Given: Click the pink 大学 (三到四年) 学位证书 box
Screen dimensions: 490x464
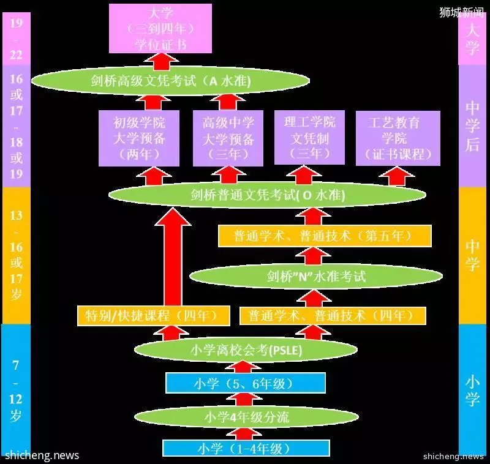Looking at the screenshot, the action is pos(160,28).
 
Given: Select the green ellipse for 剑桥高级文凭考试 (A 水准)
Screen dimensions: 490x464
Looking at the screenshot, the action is pos(171,81).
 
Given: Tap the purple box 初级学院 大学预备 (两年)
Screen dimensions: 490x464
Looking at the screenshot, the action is pos(139,138).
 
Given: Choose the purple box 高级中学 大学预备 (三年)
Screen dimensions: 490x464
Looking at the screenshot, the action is pos(228,138).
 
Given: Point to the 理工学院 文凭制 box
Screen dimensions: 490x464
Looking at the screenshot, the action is pos(309,137).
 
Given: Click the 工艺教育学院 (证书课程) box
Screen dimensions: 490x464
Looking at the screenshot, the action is pos(398,138).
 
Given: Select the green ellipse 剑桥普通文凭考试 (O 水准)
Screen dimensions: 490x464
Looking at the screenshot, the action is pos(267,195).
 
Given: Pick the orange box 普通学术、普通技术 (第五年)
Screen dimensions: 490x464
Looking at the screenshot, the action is pos(325,236).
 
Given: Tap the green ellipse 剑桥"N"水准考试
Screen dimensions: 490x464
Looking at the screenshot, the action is pos(316,276).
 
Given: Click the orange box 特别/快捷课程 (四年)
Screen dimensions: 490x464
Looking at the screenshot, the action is pos(154,316).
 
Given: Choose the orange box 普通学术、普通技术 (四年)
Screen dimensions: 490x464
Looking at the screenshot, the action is pos(333,316).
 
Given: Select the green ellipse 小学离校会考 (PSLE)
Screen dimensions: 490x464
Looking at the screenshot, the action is pos(246,350).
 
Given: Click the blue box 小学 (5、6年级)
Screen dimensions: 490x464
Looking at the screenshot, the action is pos(246,383).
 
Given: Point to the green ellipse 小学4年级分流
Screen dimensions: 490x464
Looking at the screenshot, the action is pos(246,417).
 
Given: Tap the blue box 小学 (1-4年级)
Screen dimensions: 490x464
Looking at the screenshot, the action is pos(246,448).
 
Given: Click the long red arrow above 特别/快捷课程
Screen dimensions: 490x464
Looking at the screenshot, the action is pos(173,256).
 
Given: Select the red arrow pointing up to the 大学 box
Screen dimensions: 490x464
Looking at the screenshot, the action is pos(161,61).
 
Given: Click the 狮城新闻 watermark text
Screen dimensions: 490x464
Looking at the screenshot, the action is pos(461,12).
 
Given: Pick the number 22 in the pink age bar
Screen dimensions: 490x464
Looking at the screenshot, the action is pos(17,55).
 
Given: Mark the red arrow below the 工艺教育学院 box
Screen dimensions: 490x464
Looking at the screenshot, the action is pos(397,176).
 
